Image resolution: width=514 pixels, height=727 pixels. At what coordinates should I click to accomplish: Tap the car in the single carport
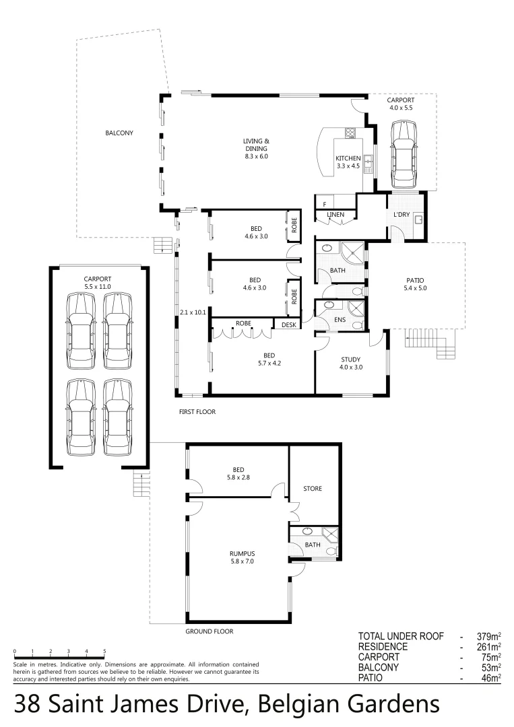pos(403,153)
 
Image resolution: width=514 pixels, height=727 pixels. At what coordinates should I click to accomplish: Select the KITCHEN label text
pos(348,158)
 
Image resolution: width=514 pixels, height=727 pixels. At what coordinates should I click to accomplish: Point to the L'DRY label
pos(402,215)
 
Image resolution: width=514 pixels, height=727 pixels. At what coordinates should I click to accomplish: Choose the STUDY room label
pos(350,359)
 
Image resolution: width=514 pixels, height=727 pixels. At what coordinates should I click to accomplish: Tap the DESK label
pos(288,324)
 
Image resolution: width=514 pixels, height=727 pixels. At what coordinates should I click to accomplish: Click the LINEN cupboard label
pos(335,215)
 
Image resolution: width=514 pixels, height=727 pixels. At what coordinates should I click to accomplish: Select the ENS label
pos(340,320)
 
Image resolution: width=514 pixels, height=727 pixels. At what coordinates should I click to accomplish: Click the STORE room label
pos(313,489)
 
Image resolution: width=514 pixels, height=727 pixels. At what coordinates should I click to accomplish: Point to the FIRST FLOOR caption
pos(197,411)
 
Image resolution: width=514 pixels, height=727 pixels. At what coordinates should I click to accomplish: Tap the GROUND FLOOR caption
pos(209,632)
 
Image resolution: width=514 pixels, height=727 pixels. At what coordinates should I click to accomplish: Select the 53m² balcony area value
pos(490,668)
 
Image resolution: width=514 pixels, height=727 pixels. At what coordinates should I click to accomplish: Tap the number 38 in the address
pos(27,705)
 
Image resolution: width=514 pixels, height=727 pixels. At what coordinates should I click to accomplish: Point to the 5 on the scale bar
pos(104,652)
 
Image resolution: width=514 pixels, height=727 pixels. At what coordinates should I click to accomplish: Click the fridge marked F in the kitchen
pos(325,204)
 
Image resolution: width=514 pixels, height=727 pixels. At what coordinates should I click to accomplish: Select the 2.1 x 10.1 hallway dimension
pos(193,311)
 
